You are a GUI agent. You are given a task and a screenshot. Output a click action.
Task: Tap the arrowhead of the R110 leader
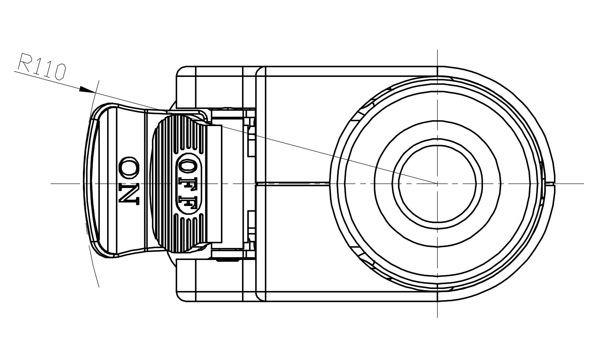tap(87, 90)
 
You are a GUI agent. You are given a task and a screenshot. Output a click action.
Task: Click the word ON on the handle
tap(129, 181)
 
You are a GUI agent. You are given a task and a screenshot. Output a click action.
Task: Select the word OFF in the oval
tap(188, 184)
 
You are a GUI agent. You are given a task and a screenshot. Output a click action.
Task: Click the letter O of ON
tap(129, 168)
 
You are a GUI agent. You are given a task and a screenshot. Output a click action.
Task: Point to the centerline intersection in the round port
tap(437, 184)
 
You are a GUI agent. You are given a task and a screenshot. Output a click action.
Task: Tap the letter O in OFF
tap(188, 167)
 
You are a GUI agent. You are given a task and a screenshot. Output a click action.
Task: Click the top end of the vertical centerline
tap(437, 50)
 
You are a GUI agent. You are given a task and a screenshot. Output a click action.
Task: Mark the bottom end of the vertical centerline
tap(437, 317)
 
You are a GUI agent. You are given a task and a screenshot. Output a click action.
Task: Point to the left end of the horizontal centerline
tap(51, 184)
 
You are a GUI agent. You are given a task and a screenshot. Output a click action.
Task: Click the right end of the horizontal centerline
tap(584, 184)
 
